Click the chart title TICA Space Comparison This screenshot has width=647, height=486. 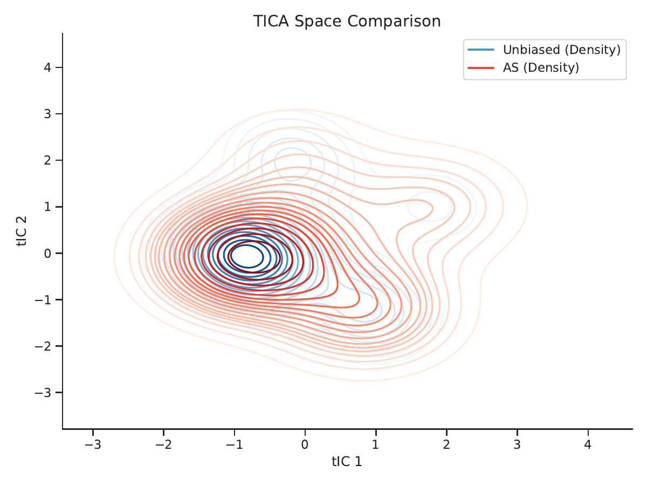(347, 21)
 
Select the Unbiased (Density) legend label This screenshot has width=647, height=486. (562, 50)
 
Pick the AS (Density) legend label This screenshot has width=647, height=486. (541, 67)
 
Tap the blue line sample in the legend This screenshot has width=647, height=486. (481, 50)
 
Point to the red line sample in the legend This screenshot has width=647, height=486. (481, 68)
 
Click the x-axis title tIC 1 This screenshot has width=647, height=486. (347, 462)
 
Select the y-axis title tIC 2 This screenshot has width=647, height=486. (22, 231)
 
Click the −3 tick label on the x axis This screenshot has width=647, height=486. (93, 444)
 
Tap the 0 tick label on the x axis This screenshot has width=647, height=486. (305, 444)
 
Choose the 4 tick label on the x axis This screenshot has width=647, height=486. (588, 444)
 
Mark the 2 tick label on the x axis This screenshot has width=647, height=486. (446, 444)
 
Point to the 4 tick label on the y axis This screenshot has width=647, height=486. (47, 67)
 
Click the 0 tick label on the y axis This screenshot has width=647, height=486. (47, 254)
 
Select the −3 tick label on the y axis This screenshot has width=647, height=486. (43, 393)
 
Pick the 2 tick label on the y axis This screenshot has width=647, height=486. (47, 160)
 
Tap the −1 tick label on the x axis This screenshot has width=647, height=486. (235, 444)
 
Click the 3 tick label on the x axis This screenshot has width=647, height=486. (517, 444)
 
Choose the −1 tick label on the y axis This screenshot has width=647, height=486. (43, 300)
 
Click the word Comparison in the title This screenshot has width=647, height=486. (394, 22)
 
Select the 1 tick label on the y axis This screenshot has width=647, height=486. (47, 207)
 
